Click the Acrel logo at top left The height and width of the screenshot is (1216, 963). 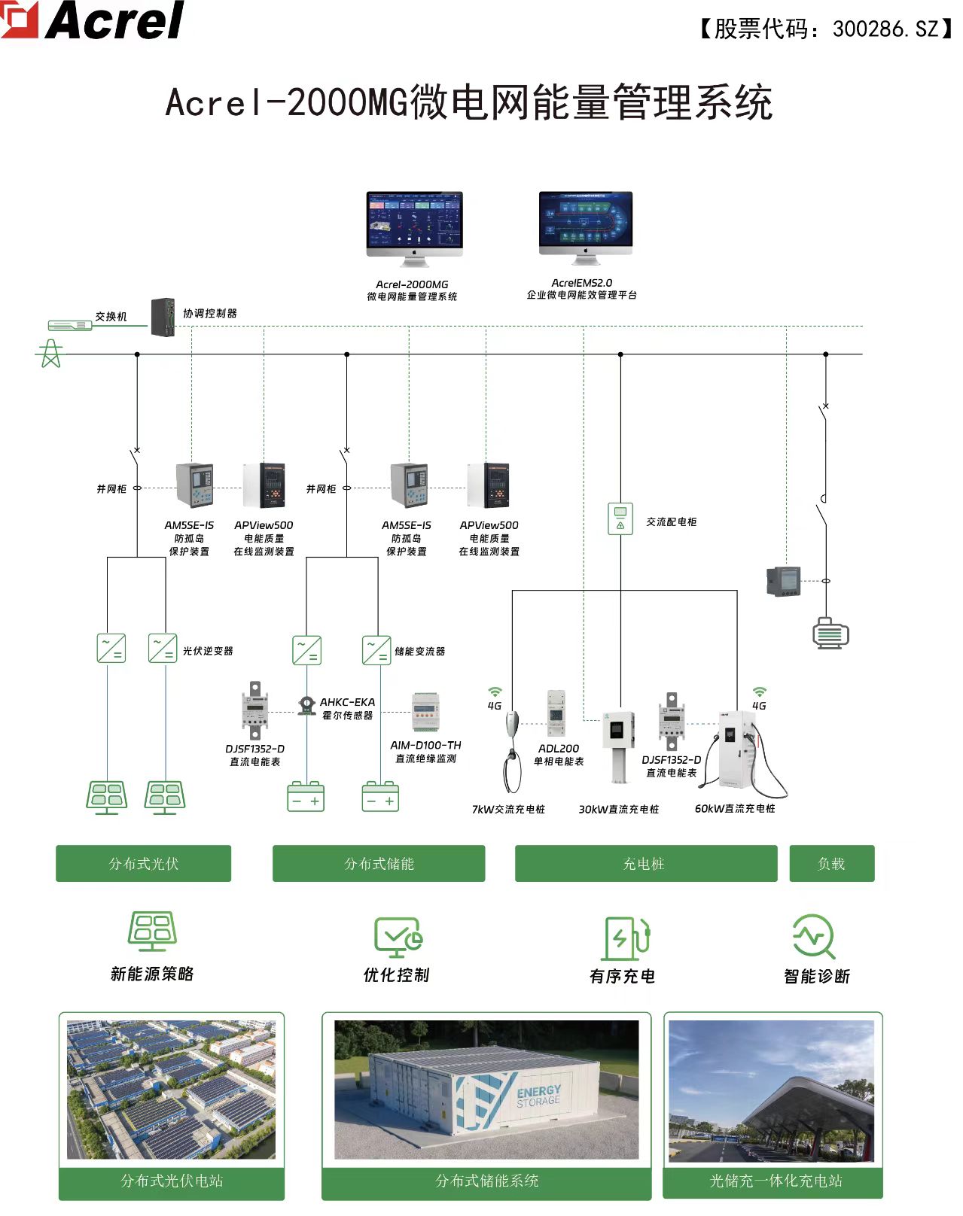(x=94, y=20)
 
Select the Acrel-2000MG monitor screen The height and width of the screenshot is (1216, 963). (x=414, y=219)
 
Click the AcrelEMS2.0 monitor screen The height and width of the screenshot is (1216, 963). (x=586, y=218)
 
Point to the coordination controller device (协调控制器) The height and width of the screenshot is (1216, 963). (x=163, y=317)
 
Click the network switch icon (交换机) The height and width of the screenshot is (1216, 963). (x=70, y=325)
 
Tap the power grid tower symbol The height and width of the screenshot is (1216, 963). (x=50, y=353)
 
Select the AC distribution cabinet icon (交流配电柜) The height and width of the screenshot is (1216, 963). (x=620, y=519)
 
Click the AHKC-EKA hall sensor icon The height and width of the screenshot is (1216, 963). (x=306, y=705)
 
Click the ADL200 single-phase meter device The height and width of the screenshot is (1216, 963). (x=556, y=713)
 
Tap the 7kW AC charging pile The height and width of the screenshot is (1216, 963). (x=512, y=749)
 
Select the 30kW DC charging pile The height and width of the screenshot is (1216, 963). (x=619, y=745)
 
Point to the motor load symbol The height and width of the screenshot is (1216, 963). (x=830, y=634)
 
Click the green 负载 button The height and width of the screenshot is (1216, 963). (x=831, y=864)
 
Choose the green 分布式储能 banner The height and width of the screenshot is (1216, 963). (x=379, y=864)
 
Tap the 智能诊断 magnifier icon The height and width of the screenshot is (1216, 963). (x=814, y=936)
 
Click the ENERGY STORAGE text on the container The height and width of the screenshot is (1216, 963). (x=538, y=1096)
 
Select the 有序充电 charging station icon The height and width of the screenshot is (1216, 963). (x=624, y=938)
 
